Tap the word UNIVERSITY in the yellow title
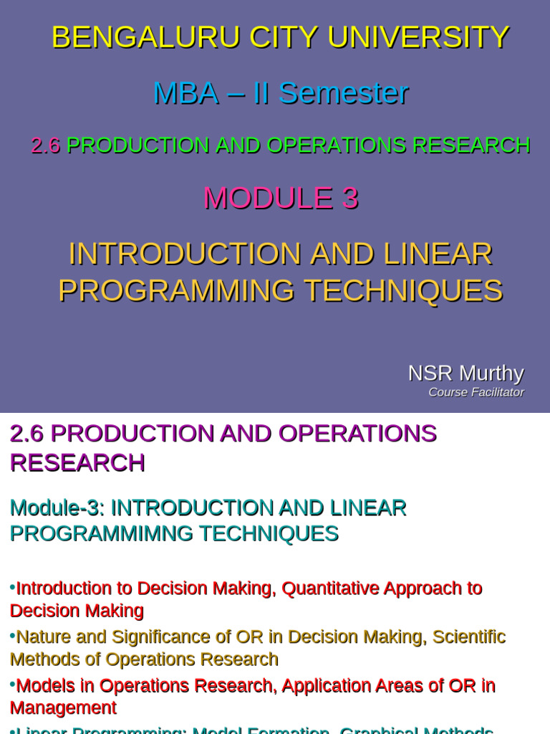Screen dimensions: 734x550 pyautogui.click(x=418, y=37)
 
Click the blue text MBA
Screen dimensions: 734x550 pyautogui.click(x=185, y=93)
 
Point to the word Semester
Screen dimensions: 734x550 pyautogui.click(x=343, y=93)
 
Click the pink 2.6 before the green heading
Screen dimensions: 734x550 pyautogui.click(x=45, y=146)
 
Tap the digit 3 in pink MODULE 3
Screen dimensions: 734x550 pyautogui.click(x=349, y=199)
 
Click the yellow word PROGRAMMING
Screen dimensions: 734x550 pyautogui.click(x=176, y=291)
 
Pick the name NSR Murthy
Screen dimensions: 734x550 pyautogui.click(x=465, y=373)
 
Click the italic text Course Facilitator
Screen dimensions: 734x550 pyautogui.click(x=476, y=392)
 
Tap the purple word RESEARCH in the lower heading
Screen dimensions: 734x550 pyautogui.click(x=77, y=463)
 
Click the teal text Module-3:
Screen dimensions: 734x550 pyautogui.click(x=57, y=508)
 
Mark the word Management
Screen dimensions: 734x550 pyautogui.click(x=63, y=708)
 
